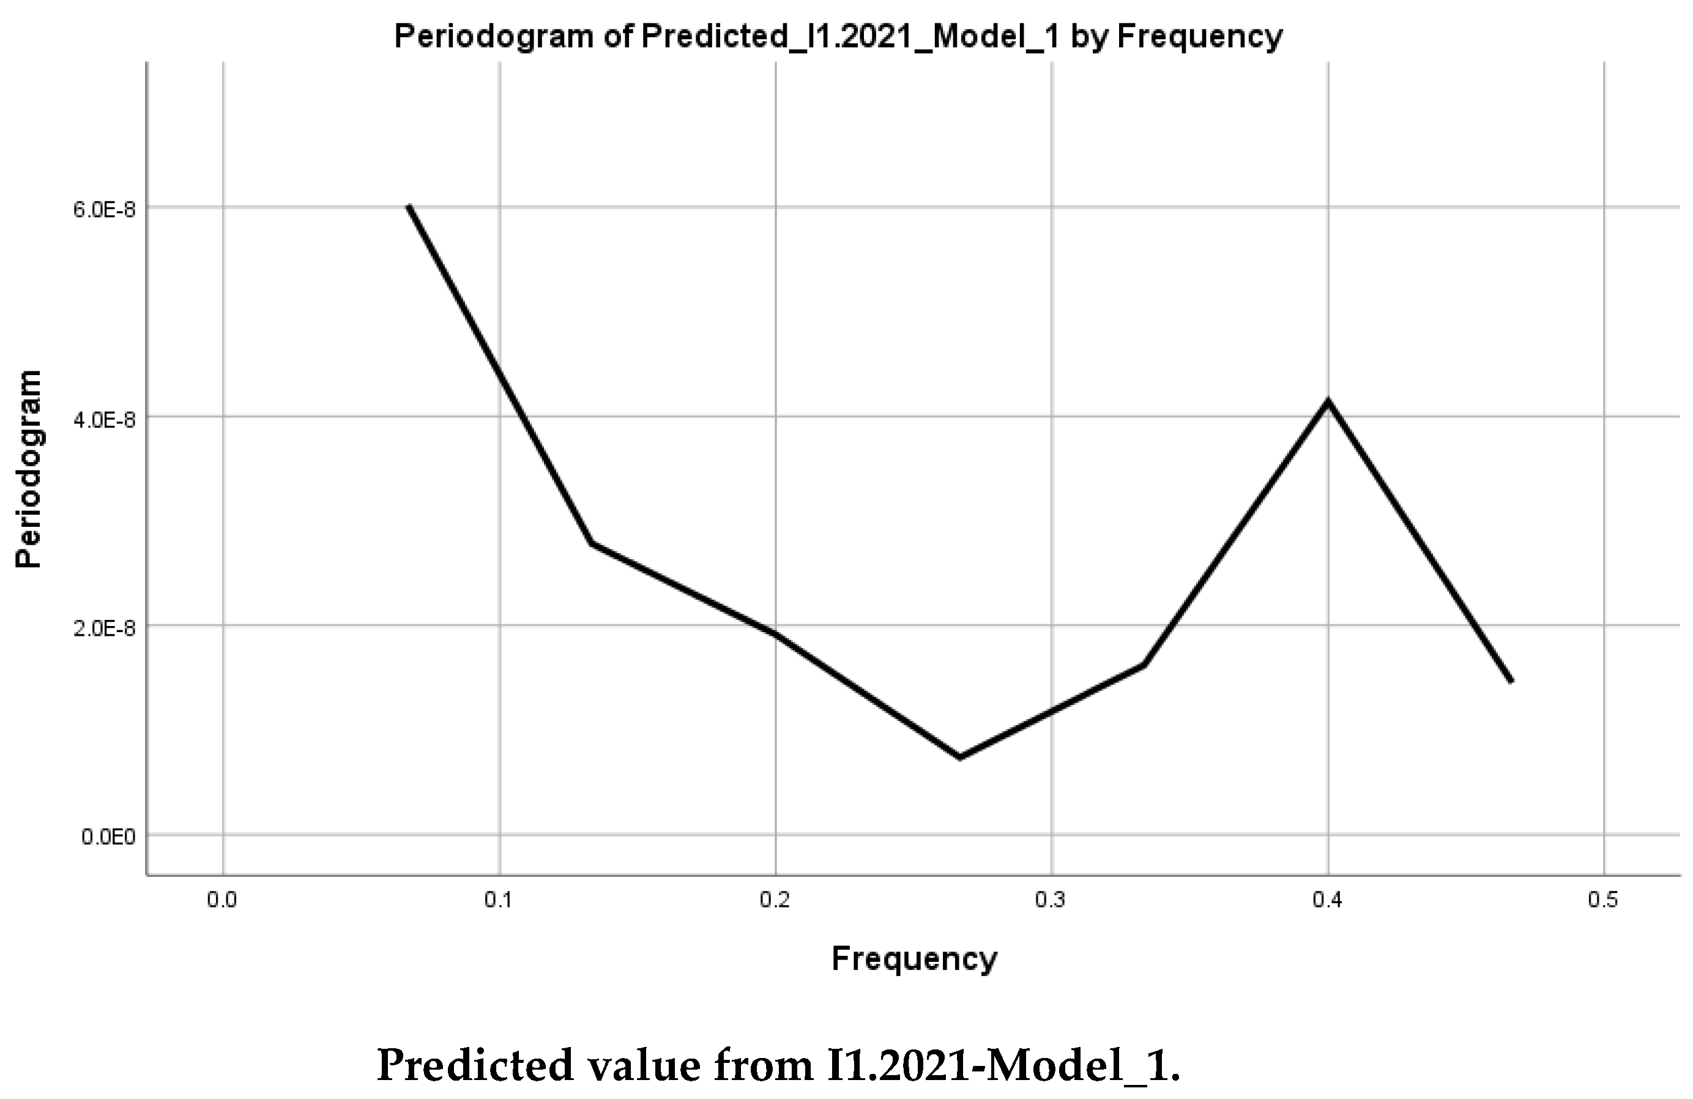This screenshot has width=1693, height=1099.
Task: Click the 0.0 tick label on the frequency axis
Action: [221, 901]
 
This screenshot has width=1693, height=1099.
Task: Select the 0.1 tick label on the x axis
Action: [499, 901]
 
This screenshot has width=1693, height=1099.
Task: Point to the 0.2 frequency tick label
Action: [775, 901]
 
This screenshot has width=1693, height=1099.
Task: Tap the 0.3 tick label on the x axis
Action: [1051, 901]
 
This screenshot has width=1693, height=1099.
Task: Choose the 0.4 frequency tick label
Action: [1327, 901]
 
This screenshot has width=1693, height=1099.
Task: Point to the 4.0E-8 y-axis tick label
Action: [104, 420]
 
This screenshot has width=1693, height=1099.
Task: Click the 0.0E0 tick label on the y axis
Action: [108, 837]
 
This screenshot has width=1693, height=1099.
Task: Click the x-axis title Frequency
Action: [914, 959]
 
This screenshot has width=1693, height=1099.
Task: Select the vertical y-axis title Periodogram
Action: [29, 469]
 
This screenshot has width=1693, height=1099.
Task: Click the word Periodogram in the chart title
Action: [494, 35]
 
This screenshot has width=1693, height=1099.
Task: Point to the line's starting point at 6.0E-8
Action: [409, 207]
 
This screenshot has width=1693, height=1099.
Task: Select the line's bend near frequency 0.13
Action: [592, 543]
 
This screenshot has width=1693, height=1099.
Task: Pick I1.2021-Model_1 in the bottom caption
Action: [1003, 1065]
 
